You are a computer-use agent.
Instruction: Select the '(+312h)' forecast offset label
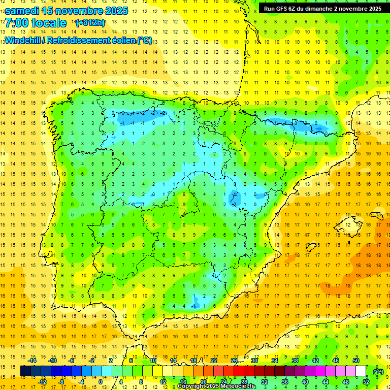90,23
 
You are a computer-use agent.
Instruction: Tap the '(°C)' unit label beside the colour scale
378,372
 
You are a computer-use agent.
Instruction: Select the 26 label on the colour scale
234,361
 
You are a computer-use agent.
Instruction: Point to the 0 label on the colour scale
101,382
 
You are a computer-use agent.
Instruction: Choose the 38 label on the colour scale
295,361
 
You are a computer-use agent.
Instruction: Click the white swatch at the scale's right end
361,371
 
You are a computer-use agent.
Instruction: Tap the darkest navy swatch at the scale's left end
25,371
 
